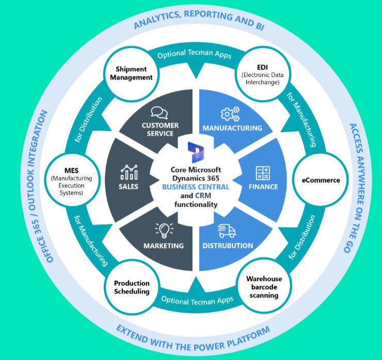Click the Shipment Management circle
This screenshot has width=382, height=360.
pyautogui.click(x=131, y=74)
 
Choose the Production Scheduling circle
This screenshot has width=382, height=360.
pyautogui.click(x=132, y=287)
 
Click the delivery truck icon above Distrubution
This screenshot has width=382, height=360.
pyautogui.click(x=227, y=231)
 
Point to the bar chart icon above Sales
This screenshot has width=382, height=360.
pyautogui.click(x=129, y=172)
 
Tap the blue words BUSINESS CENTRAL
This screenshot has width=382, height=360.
pyautogui.click(x=196, y=187)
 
